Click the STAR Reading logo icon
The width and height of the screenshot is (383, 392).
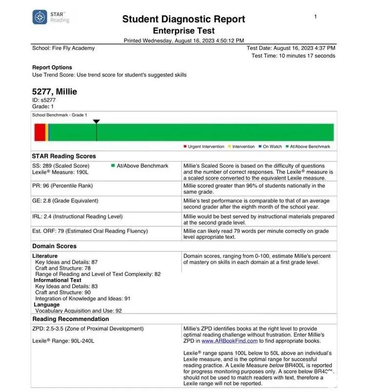[x=40, y=17]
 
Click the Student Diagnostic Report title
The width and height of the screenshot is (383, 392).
[x=183, y=19]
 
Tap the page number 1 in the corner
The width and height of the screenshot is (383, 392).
[x=315, y=17]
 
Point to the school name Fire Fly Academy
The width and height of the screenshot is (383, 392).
[x=64, y=48]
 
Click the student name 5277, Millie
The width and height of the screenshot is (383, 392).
[x=54, y=92]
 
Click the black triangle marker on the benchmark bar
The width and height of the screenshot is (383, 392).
[x=96, y=121]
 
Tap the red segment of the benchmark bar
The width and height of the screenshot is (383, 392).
[x=40, y=132]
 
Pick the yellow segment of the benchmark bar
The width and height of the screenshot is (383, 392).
[x=46, y=132]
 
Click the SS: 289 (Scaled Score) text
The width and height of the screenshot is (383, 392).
[x=61, y=166]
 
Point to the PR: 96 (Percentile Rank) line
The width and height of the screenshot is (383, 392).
[x=62, y=186]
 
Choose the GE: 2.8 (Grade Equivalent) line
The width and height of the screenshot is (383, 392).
[x=65, y=201]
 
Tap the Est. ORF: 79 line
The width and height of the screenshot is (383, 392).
[x=90, y=231]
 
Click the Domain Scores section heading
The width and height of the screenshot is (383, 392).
[x=54, y=246]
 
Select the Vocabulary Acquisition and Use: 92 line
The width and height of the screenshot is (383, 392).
[x=78, y=311]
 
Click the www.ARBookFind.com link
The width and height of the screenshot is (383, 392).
[x=229, y=341]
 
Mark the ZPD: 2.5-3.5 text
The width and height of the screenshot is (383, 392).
[x=88, y=329]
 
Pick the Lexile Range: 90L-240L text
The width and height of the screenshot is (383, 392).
[x=63, y=341]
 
